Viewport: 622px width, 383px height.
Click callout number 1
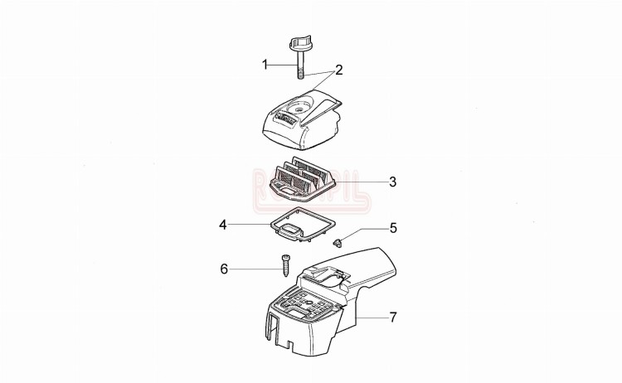[265, 64]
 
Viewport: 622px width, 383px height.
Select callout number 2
[338, 69]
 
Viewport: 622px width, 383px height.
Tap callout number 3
[392, 180]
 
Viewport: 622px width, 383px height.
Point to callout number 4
[223, 224]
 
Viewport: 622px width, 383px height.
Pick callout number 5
[392, 227]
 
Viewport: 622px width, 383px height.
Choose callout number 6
[223, 268]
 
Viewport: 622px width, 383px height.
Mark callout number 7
[392, 316]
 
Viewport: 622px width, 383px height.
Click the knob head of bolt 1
[299, 42]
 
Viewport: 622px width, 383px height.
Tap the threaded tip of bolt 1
[299, 75]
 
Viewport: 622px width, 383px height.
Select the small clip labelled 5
[339, 242]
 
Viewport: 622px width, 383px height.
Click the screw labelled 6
[285, 264]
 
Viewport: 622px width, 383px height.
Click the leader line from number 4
[249, 224]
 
